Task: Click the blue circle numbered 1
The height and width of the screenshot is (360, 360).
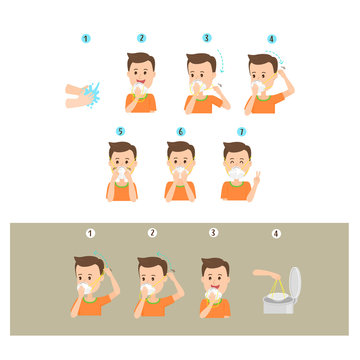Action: [x=86, y=39]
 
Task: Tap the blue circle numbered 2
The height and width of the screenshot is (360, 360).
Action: [x=141, y=38]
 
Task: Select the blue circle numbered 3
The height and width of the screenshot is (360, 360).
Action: [x=207, y=38]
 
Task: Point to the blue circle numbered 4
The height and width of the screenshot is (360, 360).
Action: [x=271, y=39]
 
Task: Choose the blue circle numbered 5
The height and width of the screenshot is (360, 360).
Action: [x=121, y=131]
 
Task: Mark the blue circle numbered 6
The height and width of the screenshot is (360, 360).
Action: [x=181, y=131]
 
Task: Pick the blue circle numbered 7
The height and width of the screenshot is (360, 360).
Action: [x=239, y=131]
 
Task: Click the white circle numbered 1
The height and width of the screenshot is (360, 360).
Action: [x=90, y=233]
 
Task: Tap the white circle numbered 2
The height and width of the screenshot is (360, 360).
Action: [x=152, y=233]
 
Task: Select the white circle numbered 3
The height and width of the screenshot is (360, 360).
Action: [x=213, y=233]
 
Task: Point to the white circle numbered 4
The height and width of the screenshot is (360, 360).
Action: [x=276, y=234]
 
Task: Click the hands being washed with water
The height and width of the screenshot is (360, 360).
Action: [x=85, y=95]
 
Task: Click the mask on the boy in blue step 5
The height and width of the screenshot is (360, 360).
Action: [x=122, y=174]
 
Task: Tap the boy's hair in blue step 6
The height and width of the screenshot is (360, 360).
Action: [x=181, y=149]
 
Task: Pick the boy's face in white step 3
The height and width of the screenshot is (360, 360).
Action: [x=214, y=281]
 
